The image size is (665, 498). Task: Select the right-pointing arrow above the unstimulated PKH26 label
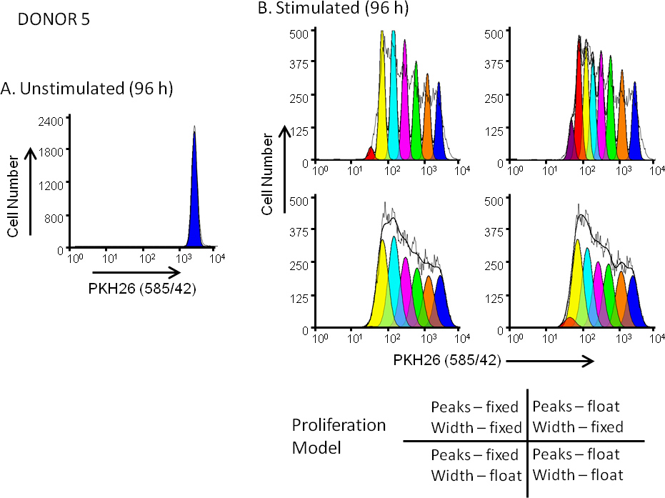coord(135,272)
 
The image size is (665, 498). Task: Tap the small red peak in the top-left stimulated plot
coord(370,154)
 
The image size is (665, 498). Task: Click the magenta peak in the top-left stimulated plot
coord(405,107)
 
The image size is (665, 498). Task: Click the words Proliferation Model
coord(339,436)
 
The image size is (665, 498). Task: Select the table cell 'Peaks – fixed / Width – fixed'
coord(475,417)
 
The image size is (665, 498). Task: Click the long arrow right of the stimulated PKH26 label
coord(549,362)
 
